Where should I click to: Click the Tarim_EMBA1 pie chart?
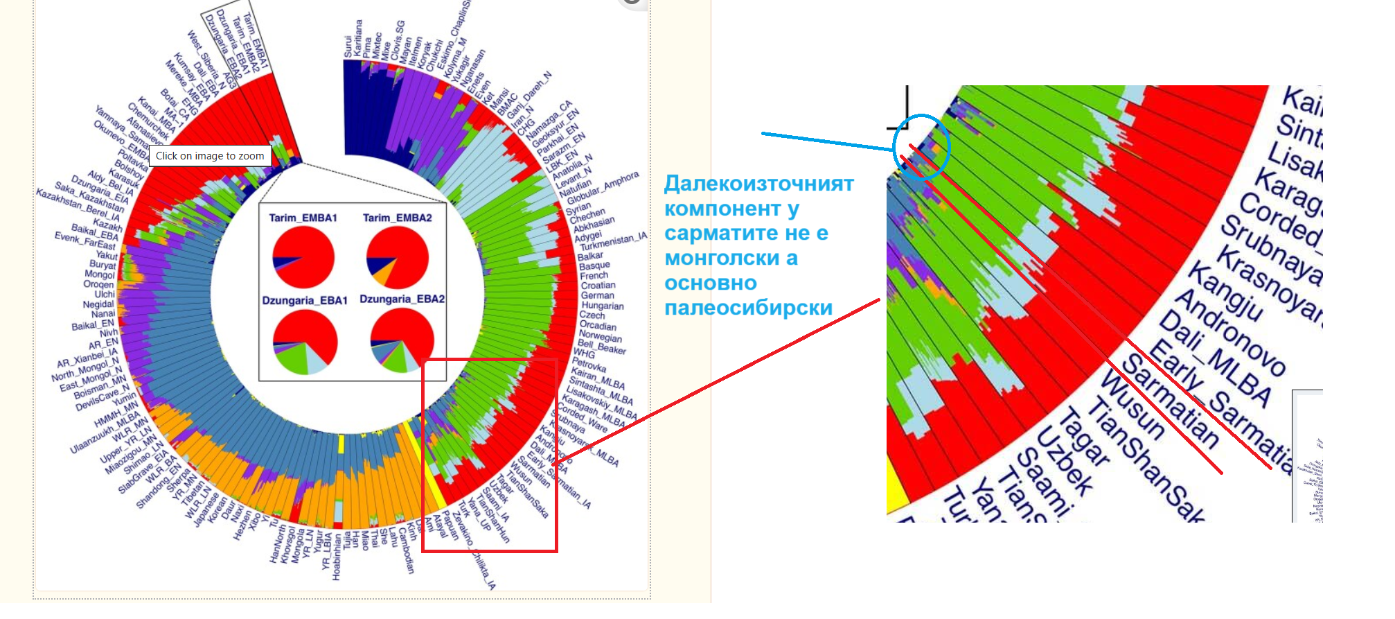point(303,257)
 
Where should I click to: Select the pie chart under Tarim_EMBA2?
point(397,257)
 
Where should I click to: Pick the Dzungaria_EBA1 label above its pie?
point(305,300)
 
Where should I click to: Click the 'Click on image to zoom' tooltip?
point(210,156)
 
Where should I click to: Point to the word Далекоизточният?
point(758,184)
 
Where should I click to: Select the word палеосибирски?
point(748,308)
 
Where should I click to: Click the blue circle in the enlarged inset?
point(921,146)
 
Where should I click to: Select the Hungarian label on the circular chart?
point(603,306)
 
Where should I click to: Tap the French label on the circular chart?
point(594,275)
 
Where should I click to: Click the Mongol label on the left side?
point(100,274)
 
